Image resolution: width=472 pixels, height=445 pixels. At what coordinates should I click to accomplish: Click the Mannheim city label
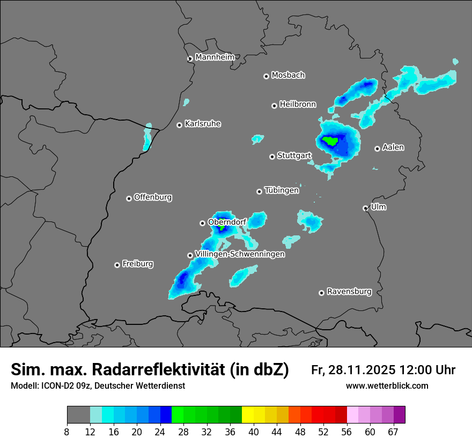coord(215,57)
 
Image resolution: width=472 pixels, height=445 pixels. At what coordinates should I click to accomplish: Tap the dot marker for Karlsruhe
coord(180,125)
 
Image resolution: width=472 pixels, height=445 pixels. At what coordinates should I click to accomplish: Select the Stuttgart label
coord(294,155)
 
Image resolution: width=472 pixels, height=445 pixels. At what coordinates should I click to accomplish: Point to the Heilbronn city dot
coord(274,106)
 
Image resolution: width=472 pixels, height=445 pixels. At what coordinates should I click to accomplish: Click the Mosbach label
coord(288,75)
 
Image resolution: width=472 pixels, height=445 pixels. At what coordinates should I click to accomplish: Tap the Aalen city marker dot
coord(377,149)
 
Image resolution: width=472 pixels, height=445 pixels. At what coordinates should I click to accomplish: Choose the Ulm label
coord(378,206)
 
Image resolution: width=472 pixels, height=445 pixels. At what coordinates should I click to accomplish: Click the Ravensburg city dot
coord(321,293)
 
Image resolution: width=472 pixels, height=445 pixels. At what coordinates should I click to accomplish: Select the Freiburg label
coord(137,264)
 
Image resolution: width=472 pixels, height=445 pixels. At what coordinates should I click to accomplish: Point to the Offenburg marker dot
coord(129,198)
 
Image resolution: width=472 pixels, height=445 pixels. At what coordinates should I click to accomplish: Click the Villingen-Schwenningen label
coord(240,254)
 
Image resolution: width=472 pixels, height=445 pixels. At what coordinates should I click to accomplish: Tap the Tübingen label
coord(282,190)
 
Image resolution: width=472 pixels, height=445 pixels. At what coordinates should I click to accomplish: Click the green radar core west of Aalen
coord(330,142)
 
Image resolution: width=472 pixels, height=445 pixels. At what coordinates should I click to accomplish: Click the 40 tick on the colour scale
coord(254,432)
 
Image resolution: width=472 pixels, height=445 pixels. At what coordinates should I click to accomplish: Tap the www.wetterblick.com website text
coord(387,385)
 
